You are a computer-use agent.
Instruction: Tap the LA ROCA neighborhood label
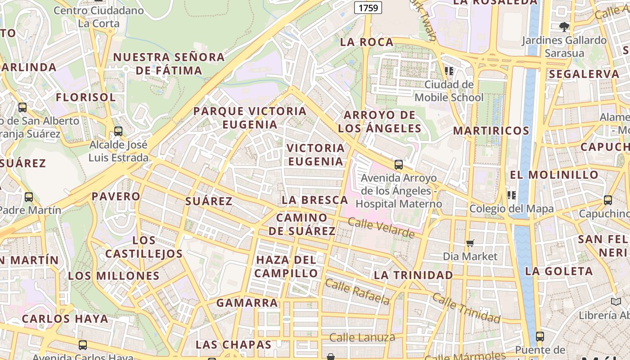click(367, 42)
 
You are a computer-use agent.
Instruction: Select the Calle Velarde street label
click(381, 228)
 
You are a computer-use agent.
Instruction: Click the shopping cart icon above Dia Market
click(470, 243)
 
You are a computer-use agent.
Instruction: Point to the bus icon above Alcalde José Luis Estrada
click(118, 131)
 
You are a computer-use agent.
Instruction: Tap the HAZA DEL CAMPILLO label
click(286, 266)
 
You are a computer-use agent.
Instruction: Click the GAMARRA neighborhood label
click(247, 303)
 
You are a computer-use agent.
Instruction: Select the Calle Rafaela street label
click(357, 292)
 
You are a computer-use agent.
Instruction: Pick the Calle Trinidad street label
click(466, 308)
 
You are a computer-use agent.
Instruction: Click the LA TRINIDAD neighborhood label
click(414, 275)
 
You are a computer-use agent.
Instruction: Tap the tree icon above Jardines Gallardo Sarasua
click(564, 27)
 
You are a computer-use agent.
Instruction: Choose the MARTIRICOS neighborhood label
click(491, 131)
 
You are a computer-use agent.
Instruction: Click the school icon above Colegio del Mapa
click(511, 195)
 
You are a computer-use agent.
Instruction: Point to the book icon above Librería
click(616, 302)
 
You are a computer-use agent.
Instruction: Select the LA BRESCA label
click(315, 200)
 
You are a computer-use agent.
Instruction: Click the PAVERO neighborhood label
click(116, 197)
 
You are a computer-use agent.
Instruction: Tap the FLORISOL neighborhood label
click(85, 97)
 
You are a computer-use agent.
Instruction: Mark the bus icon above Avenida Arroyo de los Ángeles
click(398, 165)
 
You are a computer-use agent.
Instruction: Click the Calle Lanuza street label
click(362, 337)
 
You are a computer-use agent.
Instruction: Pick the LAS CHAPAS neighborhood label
click(234, 345)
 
